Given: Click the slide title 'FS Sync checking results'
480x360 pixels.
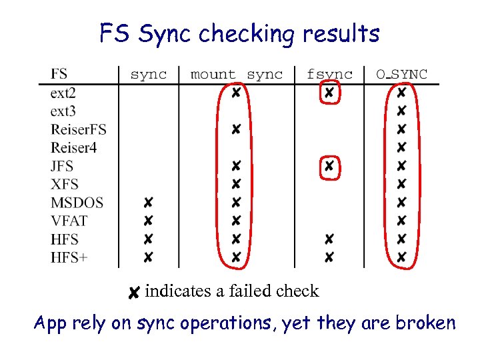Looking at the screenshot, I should pyautogui.click(x=239, y=33).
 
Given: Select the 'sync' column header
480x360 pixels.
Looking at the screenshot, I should pyautogui.click(x=148, y=74).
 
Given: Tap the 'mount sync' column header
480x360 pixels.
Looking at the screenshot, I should pyautogui.click(x=237, y=74).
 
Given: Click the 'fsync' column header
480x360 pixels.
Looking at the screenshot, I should pyautogui.click(x=329, y=74).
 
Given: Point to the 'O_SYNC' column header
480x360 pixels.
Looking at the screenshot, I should pyautogui.click(x=401, y=74).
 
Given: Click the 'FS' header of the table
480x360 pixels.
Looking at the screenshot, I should pyautogui.click(x=59, y=73).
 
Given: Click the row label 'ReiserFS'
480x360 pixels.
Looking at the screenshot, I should pyautogui.click(x=78, y=129).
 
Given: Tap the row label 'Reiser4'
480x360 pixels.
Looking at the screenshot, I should pyautogui.click(x=73, y=147).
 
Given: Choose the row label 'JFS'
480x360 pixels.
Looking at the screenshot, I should pyautogui.click(x=62, y=165).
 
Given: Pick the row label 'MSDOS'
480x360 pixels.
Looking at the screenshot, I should pyautogui.click(x=77, y=202).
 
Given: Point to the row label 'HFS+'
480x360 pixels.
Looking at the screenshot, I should pyautogui.click(x=69, y=257).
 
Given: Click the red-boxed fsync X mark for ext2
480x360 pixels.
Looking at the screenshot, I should pyautogui.click(x=329, y=93).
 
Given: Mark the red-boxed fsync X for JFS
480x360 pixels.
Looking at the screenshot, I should pyautogui.click(x=329, y=165).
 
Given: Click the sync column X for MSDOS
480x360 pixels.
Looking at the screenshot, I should pyautogui.click(x=148, y=202).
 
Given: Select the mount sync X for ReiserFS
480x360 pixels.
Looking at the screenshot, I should pyautogui.click(x=236, y=129).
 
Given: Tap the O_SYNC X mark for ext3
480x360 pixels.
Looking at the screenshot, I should pyautogui.click(x=401, y=110).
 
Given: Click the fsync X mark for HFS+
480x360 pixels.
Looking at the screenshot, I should pyautogui.click(x=329, y=257).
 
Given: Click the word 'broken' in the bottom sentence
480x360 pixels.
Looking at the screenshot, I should pyautogui.click(x=425, y=323).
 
